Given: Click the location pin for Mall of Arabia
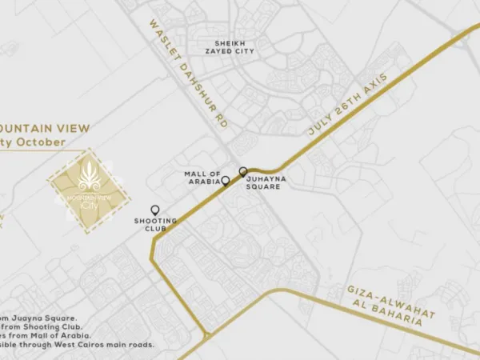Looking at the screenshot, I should (226, 182).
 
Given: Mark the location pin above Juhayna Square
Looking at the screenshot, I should (242, 172).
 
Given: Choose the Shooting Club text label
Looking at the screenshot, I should (150, 225).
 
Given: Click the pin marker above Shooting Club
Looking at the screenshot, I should (154, 210).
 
